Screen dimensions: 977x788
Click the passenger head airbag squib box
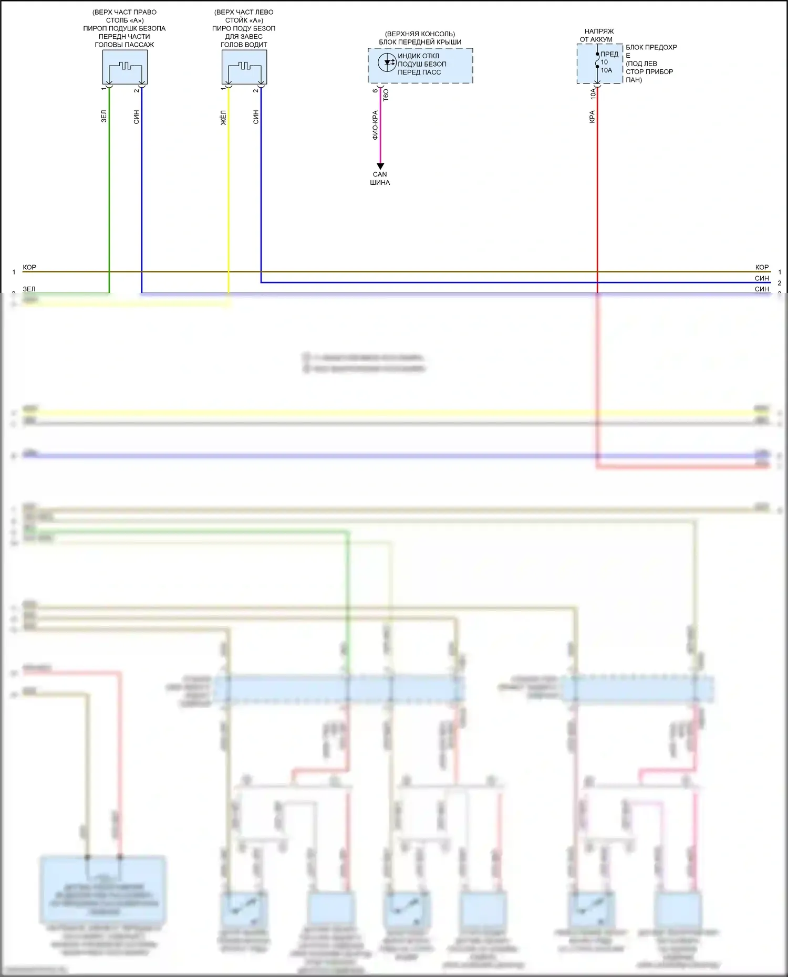[125, 67]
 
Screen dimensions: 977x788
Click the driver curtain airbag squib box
[244, 67]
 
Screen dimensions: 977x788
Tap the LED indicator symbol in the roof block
[387, 62]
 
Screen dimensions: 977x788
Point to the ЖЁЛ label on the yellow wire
[223, 117]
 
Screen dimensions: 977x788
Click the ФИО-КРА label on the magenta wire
[375, 125]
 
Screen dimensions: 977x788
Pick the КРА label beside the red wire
[592, 117]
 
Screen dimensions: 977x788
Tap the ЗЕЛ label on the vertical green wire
[104, 117]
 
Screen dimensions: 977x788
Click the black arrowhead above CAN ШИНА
[380, 166]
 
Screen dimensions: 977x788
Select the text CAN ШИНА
[380, 178]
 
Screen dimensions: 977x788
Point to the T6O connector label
[386, 95]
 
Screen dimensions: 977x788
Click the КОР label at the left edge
[29, 267]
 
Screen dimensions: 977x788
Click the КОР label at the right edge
[762, 267]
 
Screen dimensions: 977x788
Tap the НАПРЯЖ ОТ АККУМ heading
[597, 35]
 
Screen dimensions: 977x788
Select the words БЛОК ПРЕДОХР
[651, 47]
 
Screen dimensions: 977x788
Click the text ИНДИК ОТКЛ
[418, 56]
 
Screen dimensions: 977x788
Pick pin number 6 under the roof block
[375, 91]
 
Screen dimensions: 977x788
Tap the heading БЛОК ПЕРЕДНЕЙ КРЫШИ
[420, 42]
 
